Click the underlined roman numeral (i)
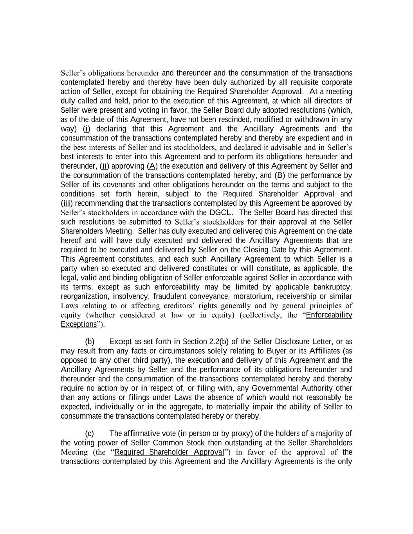(x=87, y=129)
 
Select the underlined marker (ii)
(x=105, y=166)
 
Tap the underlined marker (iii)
(x=67, y=203)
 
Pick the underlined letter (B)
(x=280, y=176)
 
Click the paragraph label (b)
(x=90, y=342)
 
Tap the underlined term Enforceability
(x=329, y=315)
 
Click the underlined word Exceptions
(x=79, y=324)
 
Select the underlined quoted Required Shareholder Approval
(x=169, y=452)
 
